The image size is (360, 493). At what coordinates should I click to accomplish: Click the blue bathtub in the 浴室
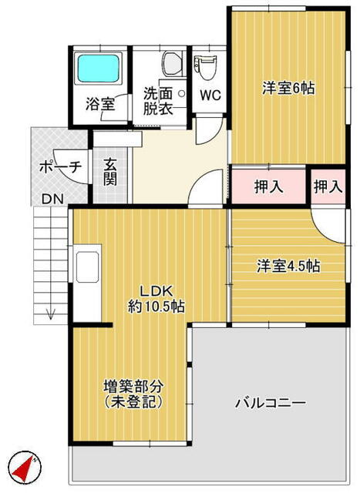click(x=98, y=69)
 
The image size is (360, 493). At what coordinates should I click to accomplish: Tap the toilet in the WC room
click(x=205, y=67)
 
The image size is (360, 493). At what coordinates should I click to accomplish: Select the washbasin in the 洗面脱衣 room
click(x=172, y=65)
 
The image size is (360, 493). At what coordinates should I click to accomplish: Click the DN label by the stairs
click(x=53, y=199)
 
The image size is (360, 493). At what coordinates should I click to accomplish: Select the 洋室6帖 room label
click(x=288, y=89)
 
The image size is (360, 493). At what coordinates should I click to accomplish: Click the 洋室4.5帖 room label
click(x=288, y=266)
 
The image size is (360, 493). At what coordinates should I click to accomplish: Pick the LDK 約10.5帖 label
click(x=156, y=299)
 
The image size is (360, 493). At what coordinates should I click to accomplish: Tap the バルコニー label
click(x=271, y=403)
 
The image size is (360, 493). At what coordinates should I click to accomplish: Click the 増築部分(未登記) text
click(x=133, y=394)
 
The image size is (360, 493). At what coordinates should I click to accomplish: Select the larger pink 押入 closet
click(x=268, y=186)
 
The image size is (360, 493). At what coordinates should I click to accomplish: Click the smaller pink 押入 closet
click(x=328, y=186)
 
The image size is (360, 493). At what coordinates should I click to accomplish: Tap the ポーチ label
click(x=60, y=167)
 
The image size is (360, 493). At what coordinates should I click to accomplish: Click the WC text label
click(x=210, y=95)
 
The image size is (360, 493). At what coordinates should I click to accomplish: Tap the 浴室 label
click(x=100, y=104)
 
